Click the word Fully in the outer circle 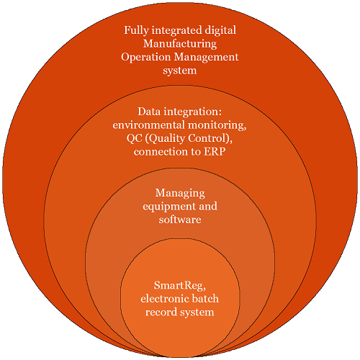(x=136, y=31)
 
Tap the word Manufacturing (x=180, y=44)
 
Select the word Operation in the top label (x=146, y=58)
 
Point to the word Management (x=206, y=58)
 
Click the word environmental (x=149, y=125)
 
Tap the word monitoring (x=217, y=126)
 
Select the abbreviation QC (x=135, y=139)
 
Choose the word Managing (x=180, y=194)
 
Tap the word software (x=180, y=220)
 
